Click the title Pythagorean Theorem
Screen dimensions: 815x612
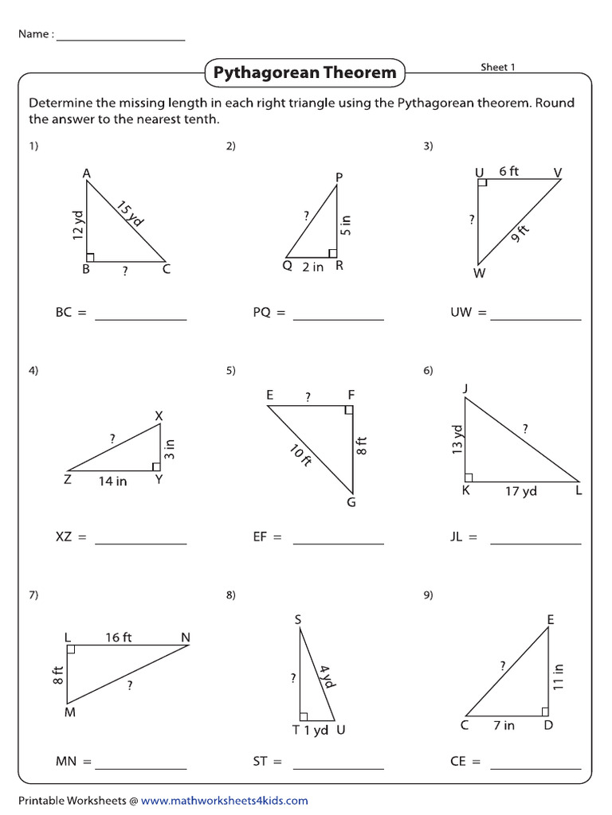coord(304,73)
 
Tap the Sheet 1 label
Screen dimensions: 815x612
coord(497,67)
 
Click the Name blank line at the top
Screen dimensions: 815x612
coord(120,37)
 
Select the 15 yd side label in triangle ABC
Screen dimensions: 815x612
coord(129,214)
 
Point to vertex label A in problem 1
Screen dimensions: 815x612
coord(86,173)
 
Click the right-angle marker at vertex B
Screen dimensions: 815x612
coord(90,256)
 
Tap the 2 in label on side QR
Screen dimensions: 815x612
coord(313,267)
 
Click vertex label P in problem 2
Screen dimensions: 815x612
coord(339,177)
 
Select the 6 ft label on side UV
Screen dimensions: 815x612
coord(508,171)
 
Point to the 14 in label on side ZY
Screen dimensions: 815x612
coord(112,481)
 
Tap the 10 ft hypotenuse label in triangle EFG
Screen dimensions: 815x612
coord(300,456)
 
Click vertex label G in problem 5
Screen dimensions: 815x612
coord(351,502)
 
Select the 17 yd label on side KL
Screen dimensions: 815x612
coord(520,491)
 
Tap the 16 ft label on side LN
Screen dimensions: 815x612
coord(118,637)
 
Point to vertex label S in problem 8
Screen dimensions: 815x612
coord(297,619)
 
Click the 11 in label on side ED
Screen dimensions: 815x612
coord(559,676)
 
